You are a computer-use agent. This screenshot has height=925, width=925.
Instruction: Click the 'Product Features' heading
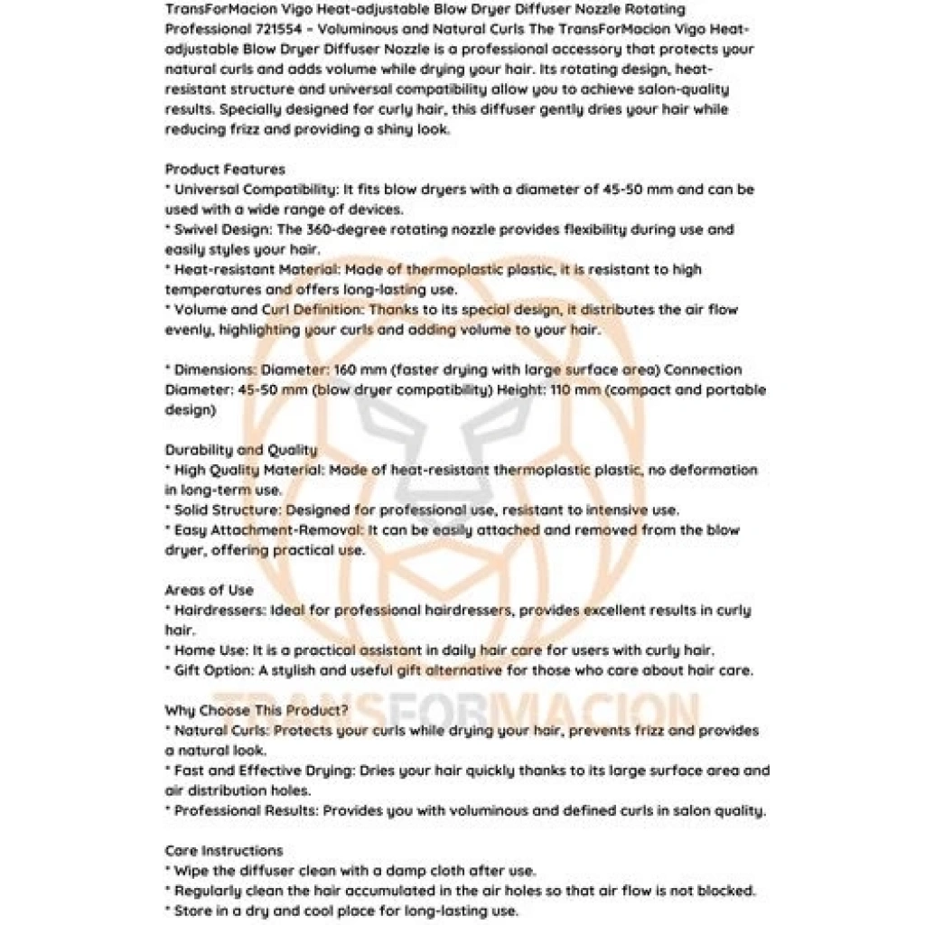(225, 169)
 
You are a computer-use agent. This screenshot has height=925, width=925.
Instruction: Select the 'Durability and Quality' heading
(241, 450)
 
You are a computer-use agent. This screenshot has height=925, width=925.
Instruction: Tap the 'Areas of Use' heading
(210, 590)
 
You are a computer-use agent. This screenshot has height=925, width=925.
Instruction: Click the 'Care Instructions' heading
(224, 850)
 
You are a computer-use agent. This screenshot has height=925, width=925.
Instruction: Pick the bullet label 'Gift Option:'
(216, 670)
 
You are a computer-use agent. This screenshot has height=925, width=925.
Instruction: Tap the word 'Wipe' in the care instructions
(192, 871)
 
